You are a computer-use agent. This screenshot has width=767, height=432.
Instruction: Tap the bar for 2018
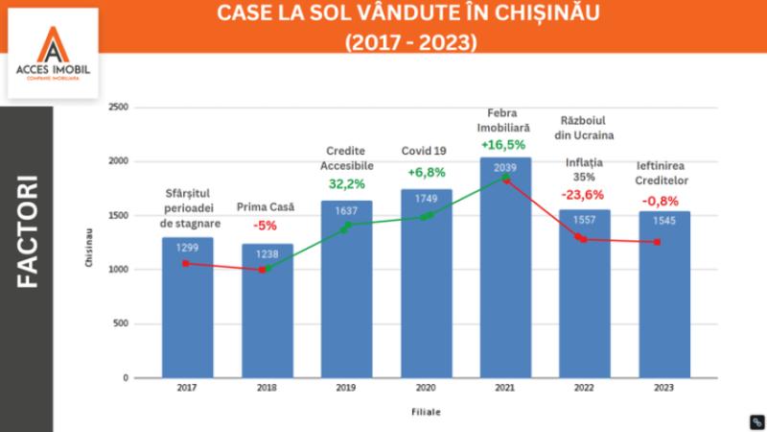point(267,317)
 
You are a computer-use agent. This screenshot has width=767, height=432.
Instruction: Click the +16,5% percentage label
point(505,146)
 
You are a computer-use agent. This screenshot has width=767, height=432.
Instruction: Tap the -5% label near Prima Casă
point(266,227)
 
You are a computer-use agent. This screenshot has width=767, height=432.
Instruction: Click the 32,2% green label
point(346,182)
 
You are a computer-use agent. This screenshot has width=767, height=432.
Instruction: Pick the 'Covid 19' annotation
point(426,151)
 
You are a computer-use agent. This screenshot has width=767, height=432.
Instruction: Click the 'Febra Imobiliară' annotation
point(505,119)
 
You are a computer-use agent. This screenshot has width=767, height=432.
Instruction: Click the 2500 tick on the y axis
point(118,108)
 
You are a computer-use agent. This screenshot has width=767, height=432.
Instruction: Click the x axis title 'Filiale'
point(425,412)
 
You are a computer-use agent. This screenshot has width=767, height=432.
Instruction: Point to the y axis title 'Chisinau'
point(88,246)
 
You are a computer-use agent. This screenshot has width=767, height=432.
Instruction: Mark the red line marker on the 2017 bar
point(186,263)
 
